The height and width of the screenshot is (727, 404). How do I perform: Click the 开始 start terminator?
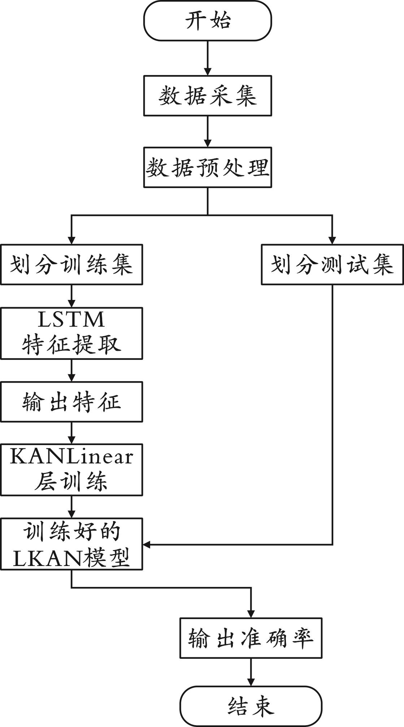point(208,21)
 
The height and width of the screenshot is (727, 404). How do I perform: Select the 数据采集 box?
point(208,96)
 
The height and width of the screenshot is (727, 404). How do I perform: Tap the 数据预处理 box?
point(208,167)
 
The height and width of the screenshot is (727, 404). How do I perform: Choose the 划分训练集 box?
point(71,265)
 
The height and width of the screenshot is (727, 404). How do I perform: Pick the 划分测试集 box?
point(332,265)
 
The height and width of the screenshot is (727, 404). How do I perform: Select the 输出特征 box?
point(71,402)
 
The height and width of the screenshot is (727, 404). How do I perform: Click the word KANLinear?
point(71,457)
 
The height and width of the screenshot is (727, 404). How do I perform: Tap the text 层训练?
point(71,481)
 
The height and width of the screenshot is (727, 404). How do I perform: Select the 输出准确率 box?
point(251,638)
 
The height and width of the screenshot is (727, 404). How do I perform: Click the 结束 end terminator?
point(251,706)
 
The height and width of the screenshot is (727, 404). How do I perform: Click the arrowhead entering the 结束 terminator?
point(251,682)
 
